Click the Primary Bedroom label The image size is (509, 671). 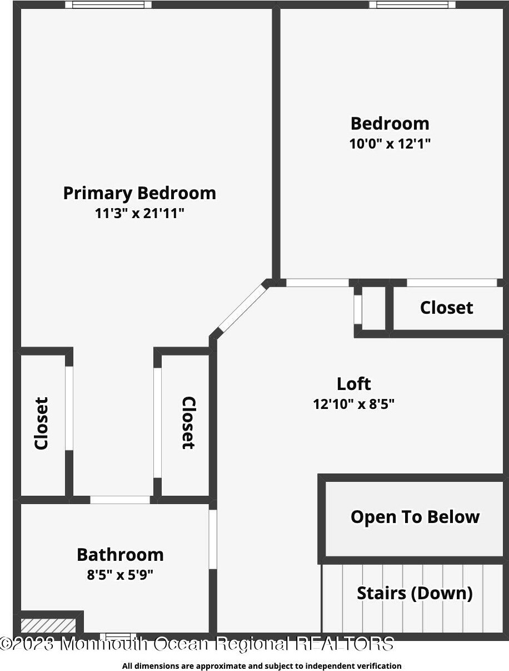pos(139,193)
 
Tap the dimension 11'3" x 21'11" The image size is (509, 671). pos(139,213)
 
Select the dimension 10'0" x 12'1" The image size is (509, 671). pos(390,144)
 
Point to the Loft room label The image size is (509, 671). pos(353,384)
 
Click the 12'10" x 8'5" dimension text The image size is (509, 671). pos(353,404)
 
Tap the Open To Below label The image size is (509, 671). pos(415,517)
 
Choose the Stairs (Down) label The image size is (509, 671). pos(415,593)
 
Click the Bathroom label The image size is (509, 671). pos(120,555)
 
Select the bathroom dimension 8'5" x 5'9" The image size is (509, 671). pos(120,575)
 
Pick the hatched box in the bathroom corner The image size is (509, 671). pos(48,625)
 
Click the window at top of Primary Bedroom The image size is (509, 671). pos(108,5)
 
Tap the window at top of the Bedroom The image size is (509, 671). pos(412,5)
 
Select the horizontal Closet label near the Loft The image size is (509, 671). pos(446,308)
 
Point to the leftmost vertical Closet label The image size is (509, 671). pos(42,423)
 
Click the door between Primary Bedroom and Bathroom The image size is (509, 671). pos(120,500)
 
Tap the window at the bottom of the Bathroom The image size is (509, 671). pos(117,636)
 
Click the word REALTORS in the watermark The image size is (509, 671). pos(345,644)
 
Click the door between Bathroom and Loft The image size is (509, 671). pos(212,539)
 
